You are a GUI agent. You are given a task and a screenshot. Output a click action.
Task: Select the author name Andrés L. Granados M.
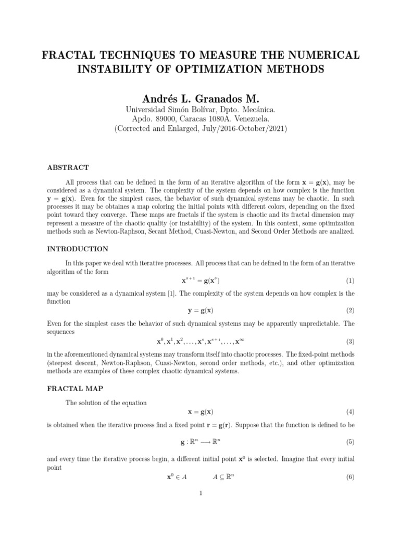pos(200,99)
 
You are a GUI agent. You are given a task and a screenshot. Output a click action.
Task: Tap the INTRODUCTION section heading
pos(78,249)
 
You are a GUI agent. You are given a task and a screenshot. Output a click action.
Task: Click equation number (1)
pos(350,281)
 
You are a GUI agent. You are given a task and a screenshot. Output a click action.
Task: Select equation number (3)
pos(350,342)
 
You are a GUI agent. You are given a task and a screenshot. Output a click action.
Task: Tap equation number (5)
pos(350,442)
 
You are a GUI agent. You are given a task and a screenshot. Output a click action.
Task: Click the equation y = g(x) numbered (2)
pos(200,311)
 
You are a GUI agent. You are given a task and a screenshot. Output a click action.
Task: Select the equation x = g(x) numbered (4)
pos(200,411)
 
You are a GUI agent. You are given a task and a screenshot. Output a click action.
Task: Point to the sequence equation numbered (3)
pos(200,342)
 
